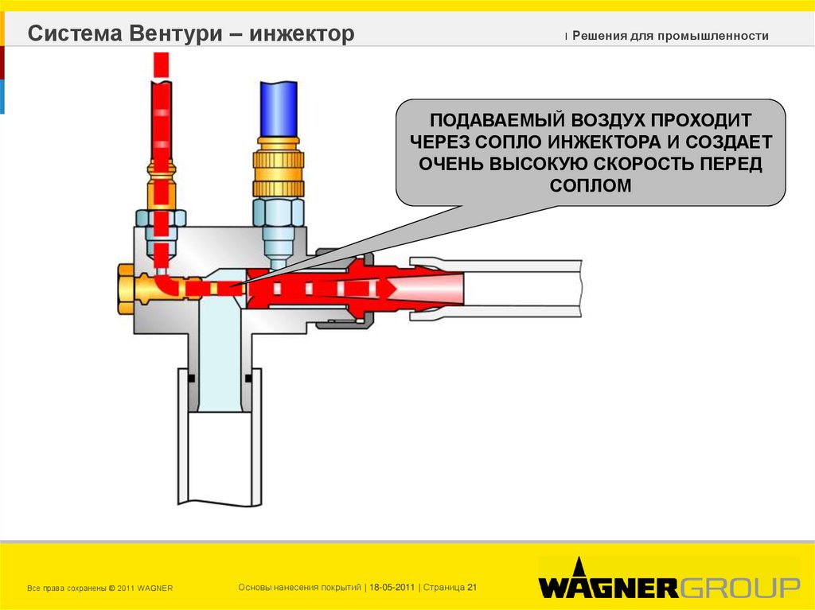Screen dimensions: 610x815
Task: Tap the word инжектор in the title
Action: pyautogui.click(x=302, y=34)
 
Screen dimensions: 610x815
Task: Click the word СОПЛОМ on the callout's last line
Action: pyautogui.click(x=590, y=185)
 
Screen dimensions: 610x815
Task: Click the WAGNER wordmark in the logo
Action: pyautogui.click(x=608, y=588)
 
